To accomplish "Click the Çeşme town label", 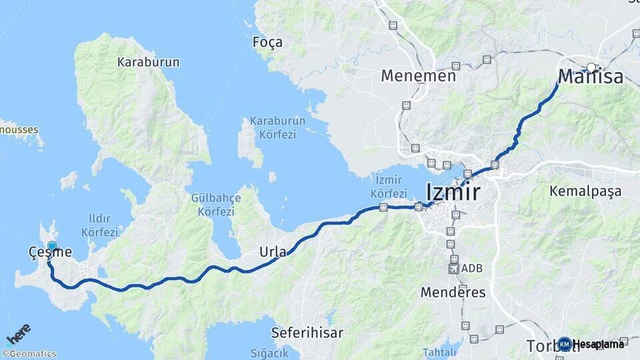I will coord(50,253).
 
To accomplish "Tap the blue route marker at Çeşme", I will coord(52,246).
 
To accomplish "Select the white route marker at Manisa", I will coord(591,67).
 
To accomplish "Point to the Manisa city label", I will coord(590,77).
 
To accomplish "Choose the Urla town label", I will coord(273,252).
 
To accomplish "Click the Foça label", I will coord(267,43).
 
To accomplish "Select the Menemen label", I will coord(418,76).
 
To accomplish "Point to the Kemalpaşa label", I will coord(585,191).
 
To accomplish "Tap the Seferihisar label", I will coord(307,332).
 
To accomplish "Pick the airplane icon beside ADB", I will coord(455,269).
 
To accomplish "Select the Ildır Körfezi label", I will coord(99,225).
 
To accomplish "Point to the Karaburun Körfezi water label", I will coord(277,127).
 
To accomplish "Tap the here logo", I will coord(19,333).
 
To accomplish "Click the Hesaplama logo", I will coord(592,344).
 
